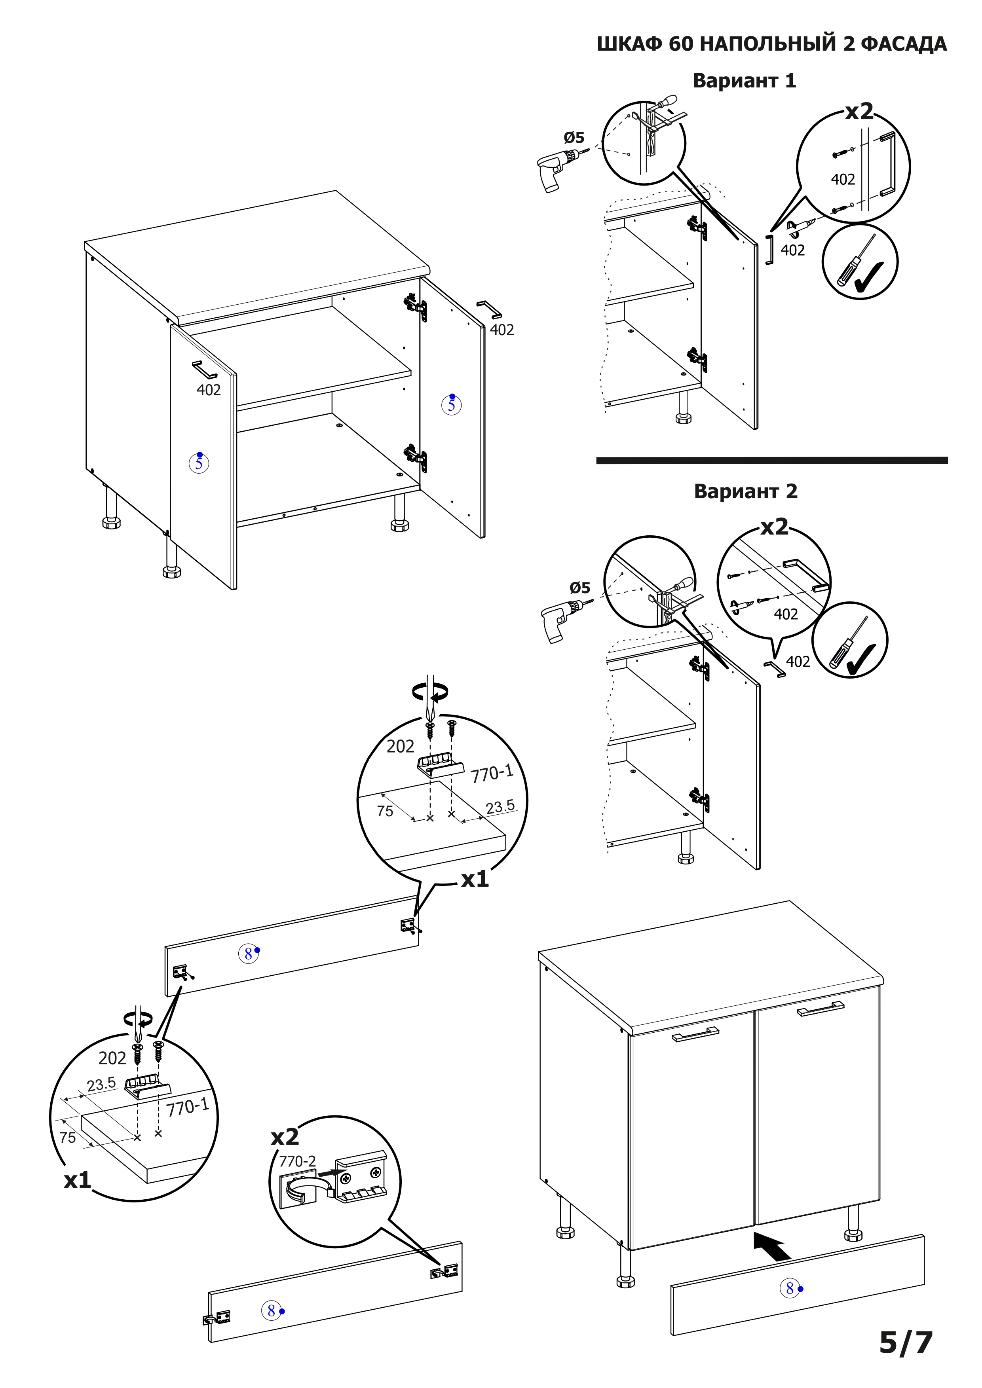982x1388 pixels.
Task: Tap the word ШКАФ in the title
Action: tap(629, 44)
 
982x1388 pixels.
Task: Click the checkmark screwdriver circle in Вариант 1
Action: tap(859, 262)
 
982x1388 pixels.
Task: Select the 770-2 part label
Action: tap(297, 1161)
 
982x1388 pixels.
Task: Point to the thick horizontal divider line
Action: tap(771, 461)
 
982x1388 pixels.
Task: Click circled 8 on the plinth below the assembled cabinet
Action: tap(789, 1288)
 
